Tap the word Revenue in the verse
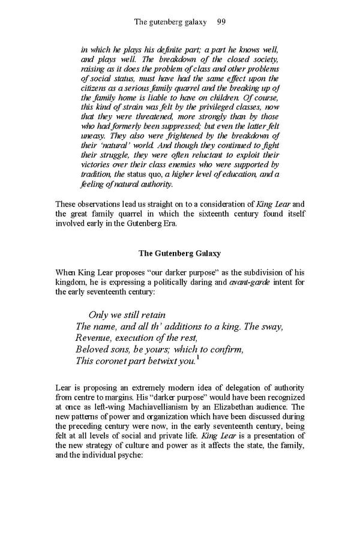pyautogui.click(x=94, y=338)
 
